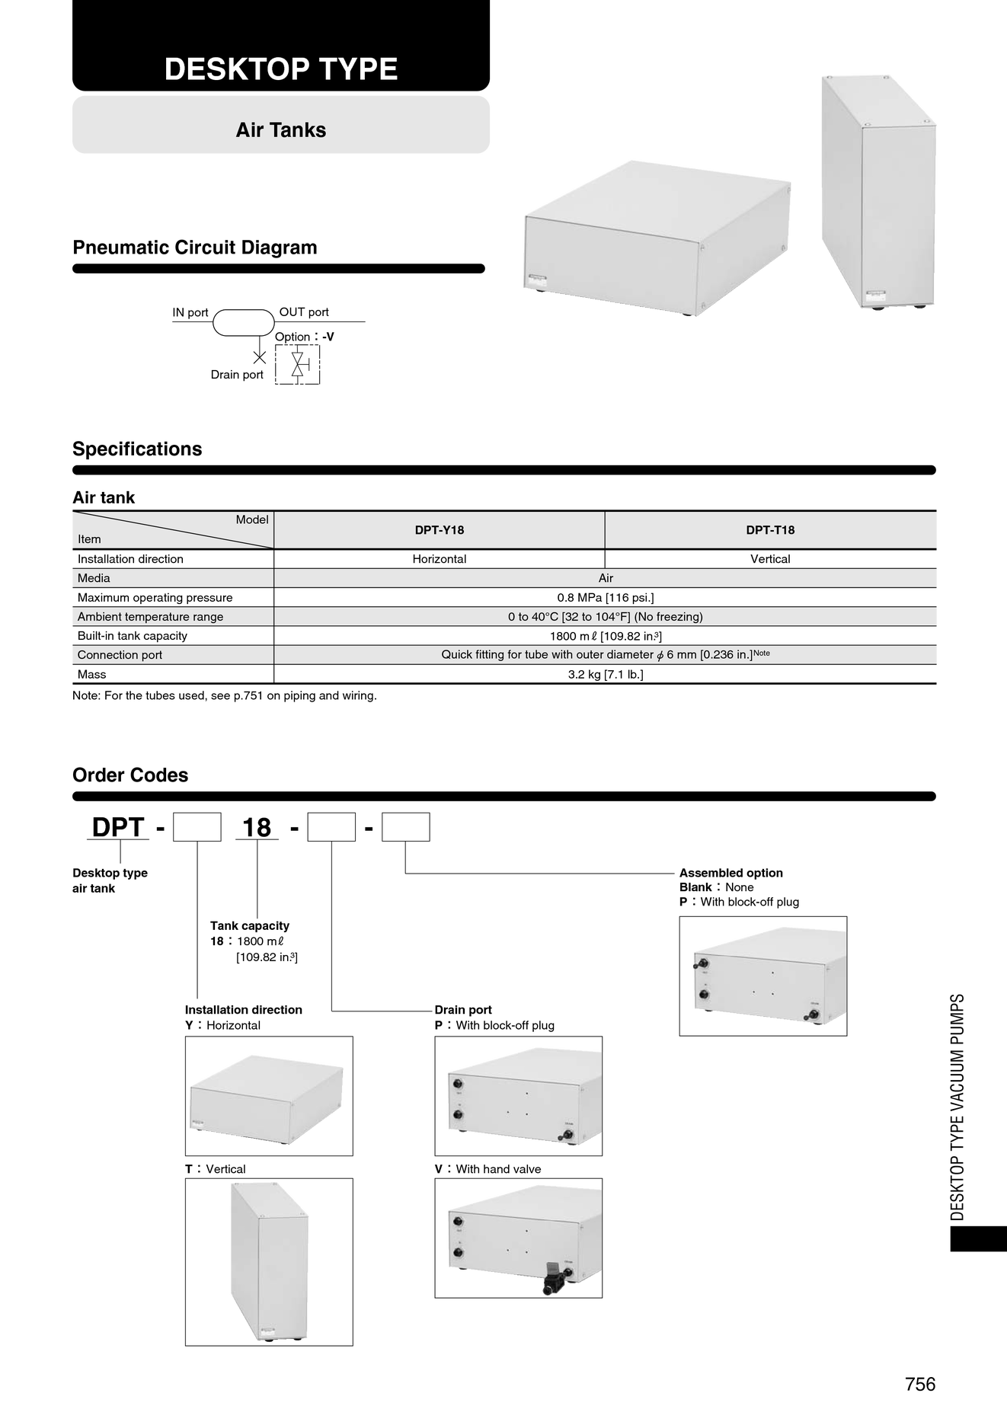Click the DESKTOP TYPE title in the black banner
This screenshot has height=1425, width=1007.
[x=281, y=69]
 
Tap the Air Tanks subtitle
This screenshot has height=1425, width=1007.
[x=281, y=130]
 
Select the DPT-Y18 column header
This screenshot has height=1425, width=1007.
[x=440, y=530]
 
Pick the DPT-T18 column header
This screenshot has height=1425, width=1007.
[x=770, y=530]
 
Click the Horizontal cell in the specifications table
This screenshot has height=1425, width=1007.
[x=440, y=559]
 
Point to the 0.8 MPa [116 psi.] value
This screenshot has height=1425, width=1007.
[x=606, y=598]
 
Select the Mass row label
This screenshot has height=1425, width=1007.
[x=92, y=675]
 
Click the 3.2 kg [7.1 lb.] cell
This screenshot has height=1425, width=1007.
[x=606, y=675]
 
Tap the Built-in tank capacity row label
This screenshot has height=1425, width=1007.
[x=133, y=636]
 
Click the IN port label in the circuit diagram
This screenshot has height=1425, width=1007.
[x=190, y=312]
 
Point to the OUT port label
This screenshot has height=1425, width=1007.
[x=304, y=312]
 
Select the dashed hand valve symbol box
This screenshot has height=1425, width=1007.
[x=298, y=365]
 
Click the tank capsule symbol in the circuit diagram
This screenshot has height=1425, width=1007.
[x=244, y=323]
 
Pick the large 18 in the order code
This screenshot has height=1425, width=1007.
[x=257, y=828]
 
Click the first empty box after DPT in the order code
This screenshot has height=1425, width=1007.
[x=197, y=827]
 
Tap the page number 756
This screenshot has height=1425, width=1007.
[x=920, y=1384]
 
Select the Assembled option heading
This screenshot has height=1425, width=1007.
[x=731, y=873]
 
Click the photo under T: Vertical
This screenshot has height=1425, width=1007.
[x=269, y=1262]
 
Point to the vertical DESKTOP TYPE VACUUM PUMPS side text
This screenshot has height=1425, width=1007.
[x=957, y=1107]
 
